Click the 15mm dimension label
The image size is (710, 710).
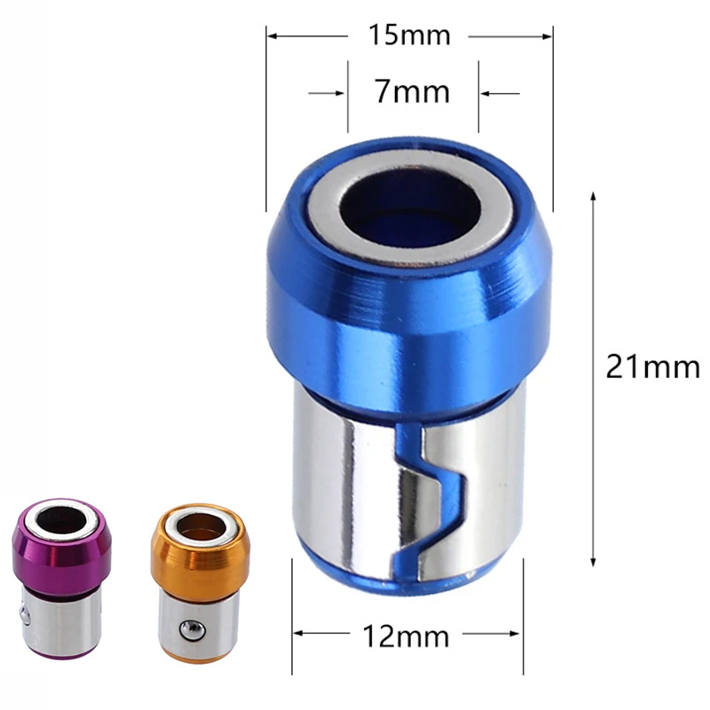(x=410, y=35)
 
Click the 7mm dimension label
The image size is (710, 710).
(x=411, y=91)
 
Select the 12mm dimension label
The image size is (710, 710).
(x=409, y=635)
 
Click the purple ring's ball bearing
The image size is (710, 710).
(x=20, y=611)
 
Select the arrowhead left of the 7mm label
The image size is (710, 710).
(x=341, y=91)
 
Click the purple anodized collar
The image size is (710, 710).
(x=59, y=559)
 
